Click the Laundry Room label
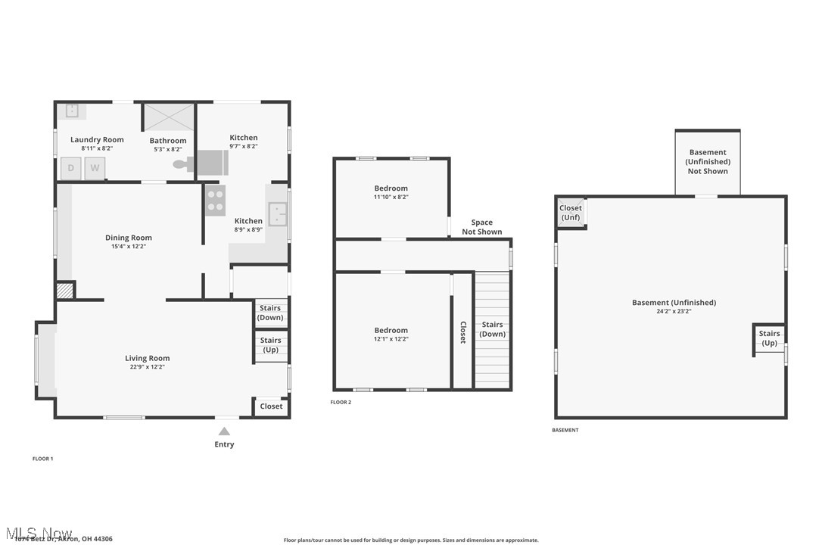97,139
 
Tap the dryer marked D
71,168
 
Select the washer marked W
95,168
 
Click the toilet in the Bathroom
181,163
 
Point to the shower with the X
168,117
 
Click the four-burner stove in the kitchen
215,201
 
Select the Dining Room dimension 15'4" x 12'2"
128,246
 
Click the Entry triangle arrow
224,431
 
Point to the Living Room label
147,358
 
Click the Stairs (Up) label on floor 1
270,345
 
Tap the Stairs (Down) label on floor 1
270,313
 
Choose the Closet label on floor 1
271,406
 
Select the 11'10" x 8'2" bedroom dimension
391,197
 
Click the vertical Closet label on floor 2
462,332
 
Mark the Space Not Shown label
482,227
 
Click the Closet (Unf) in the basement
571,213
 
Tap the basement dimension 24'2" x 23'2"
674,311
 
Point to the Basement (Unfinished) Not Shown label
708,161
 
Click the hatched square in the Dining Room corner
66,291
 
